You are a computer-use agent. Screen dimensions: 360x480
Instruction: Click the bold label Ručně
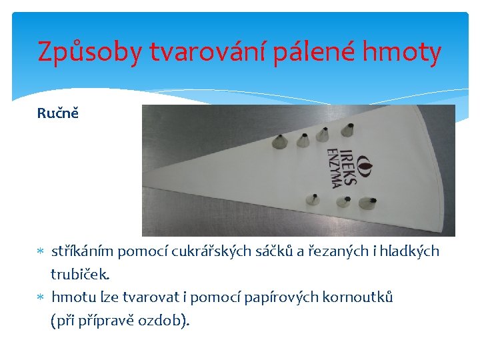point(57,113)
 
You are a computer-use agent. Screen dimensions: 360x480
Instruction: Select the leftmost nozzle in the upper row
point(279,142)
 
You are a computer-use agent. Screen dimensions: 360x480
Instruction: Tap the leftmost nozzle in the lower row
point(312,199)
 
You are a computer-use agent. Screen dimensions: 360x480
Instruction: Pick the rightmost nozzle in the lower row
point(368,202)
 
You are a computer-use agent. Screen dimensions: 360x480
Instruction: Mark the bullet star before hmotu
point(41,297)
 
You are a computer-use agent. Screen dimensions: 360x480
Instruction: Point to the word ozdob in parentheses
point(159,320)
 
